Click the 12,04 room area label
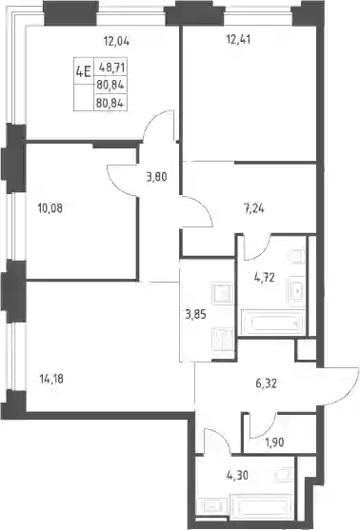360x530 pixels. click(116, 41)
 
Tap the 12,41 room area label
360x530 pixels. click(238, 40)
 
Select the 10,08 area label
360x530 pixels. click(50, 208)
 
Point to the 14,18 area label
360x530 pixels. click(51, 379)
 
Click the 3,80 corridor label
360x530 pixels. click(156, 176)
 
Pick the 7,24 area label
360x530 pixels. click(253, 208)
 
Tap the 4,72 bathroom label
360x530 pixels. click(264, 278)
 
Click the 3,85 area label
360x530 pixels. click(195, 314)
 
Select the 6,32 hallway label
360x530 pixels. click(267, 383)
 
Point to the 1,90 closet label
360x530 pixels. click(273, 442)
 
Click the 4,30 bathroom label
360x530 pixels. click(237, 475)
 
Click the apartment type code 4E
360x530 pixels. click(83, 71)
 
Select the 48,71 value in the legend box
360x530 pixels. click(111, 68)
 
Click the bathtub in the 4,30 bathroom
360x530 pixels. click(261, 506)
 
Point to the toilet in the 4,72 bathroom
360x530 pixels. click(297, 257)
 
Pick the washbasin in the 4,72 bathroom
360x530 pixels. click(297, 290)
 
